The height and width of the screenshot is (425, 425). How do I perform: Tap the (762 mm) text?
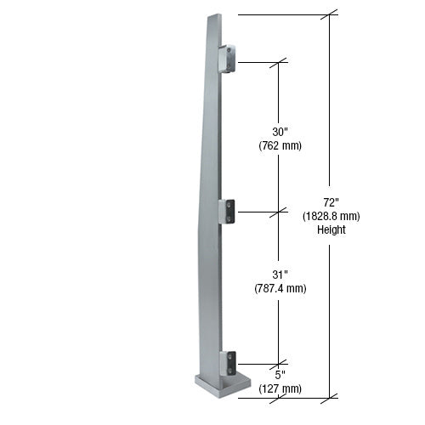[x=280, y=145]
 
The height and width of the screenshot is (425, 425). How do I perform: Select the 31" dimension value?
[x=279, y=274]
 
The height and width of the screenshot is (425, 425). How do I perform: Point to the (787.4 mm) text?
[x=280, y=288]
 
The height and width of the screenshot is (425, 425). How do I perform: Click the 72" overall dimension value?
[x=331, y=202]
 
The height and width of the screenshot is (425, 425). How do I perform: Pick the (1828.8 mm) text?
[x=331, y=216]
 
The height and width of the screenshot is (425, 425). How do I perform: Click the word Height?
[x=331, y=229]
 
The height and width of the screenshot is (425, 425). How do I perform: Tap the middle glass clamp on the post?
[x=227, y=211]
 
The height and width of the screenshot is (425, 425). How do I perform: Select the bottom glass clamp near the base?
[x=227, y=363]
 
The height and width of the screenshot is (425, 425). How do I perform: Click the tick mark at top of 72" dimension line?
[x=330, y=14]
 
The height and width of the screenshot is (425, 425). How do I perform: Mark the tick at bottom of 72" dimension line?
[x=330, y=396]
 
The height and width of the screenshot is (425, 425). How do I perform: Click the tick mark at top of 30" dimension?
[x=279, y=62]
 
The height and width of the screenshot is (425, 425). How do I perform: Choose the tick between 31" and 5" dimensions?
[x=279, y=364]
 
